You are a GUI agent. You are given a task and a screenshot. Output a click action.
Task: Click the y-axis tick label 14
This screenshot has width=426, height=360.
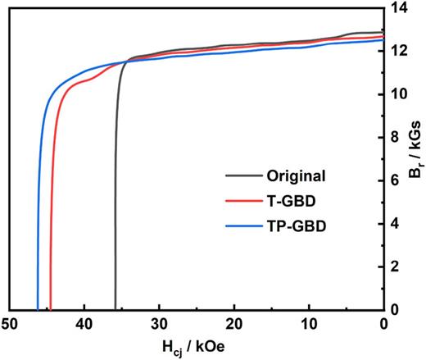click(399, 8)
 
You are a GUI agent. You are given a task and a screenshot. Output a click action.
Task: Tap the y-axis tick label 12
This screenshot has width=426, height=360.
click(399, 51)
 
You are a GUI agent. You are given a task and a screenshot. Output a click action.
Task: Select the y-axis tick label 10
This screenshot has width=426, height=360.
click(399, 93)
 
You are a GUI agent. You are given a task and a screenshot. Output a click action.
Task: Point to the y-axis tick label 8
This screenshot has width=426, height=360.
click(396, 137)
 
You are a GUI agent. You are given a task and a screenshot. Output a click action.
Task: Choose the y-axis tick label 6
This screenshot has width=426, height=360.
click(396, 180)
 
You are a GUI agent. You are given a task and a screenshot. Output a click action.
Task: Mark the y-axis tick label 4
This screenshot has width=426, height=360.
click(396, 223)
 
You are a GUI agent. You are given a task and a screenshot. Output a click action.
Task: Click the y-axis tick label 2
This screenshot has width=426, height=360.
click(396, 266)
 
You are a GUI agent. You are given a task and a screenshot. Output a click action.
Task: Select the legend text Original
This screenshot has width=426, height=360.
click(296, 175)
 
